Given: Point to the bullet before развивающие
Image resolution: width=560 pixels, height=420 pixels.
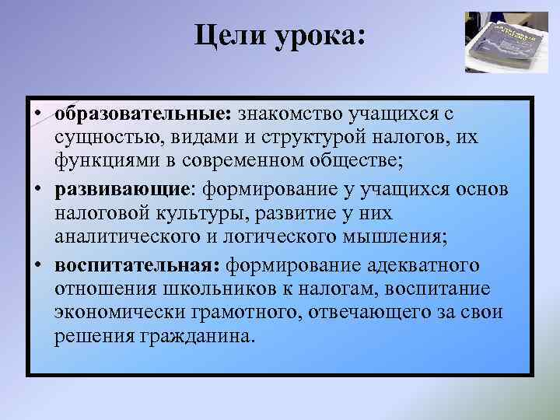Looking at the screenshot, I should click(38, 191).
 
